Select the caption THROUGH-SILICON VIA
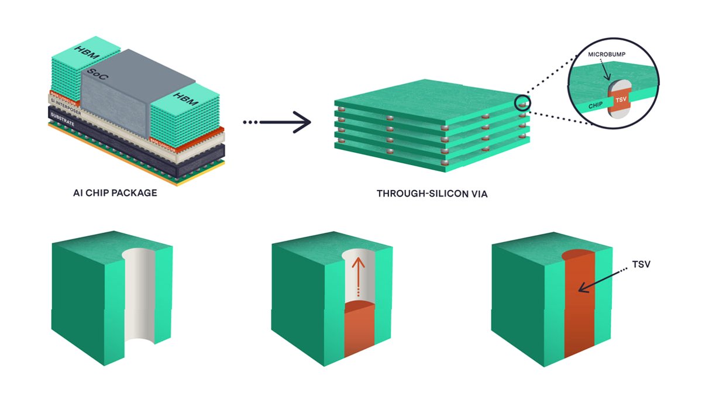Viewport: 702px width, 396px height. pyautogui.click(x=432, y=192)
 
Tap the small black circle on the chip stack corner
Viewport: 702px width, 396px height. pyautogui.click(x=522, y=103)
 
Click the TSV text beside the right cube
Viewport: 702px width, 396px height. pyautogui.click(x=642, y=265)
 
